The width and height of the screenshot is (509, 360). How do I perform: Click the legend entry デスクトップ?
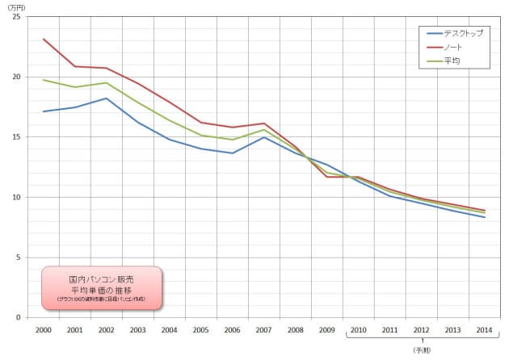pyautogui.click(x=461, y=33)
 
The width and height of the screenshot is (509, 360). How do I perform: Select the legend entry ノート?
pyautogui.click(x=452, y=47)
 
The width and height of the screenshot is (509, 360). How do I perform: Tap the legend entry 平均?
pyautogui.click(x=450, y=61)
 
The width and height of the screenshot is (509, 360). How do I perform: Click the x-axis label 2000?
pyautogui.click(x=43, y=329)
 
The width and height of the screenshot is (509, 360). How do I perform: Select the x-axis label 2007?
pyautogui.click(x=264, y=329)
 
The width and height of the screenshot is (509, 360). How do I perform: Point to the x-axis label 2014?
pyautogui.click(x=485, y=329)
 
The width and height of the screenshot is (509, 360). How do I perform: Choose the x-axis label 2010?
pyautogui.click(x=359, y=329)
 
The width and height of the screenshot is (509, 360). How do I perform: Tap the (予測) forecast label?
pyautogui.click(x=421, y=350)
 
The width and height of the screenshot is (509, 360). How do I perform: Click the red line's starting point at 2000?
pyautogui.click(x=43, y=39)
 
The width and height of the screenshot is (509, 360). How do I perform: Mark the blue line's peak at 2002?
pyautogui.click(x=106, y=98)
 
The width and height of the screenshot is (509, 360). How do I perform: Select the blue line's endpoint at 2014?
pyautogui.click(x=485, y=217)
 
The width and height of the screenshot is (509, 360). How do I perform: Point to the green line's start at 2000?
pyautogui.click(x=43, y=80)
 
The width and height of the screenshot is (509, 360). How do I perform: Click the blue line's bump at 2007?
pyautogui.click(x=264, y=137)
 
